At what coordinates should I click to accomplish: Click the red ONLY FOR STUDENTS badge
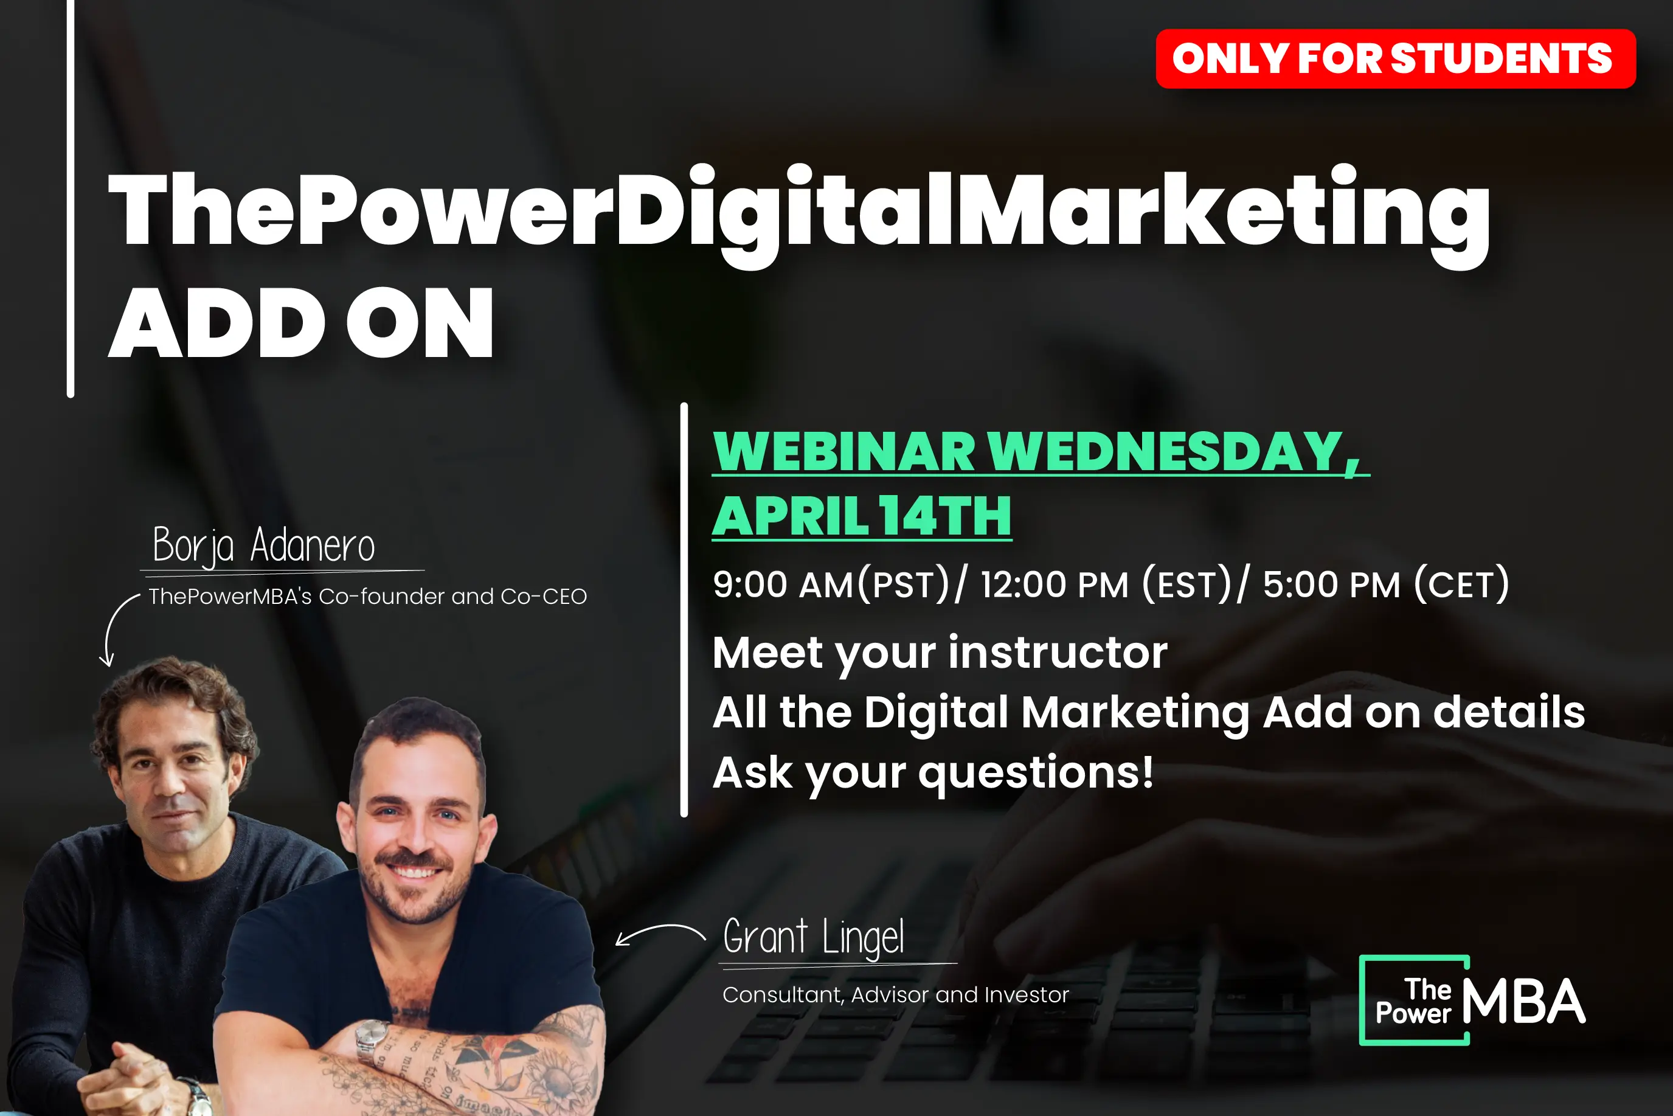1396,58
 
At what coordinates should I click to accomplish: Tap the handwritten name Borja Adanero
263,546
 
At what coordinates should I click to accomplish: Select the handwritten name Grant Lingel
813,937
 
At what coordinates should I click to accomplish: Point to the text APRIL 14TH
862,516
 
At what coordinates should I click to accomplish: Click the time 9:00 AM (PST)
831,584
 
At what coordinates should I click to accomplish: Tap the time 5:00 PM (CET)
1386,584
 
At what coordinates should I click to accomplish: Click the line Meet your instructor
940,653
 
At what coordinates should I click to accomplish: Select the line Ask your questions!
933,773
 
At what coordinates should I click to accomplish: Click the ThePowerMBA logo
1472,1000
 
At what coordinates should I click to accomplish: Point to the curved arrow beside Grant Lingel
660,932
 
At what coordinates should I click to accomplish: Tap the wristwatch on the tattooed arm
372,1042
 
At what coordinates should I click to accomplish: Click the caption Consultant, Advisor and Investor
895,994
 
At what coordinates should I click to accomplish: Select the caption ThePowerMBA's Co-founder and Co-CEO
367,597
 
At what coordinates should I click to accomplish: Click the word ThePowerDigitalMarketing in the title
799,213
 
